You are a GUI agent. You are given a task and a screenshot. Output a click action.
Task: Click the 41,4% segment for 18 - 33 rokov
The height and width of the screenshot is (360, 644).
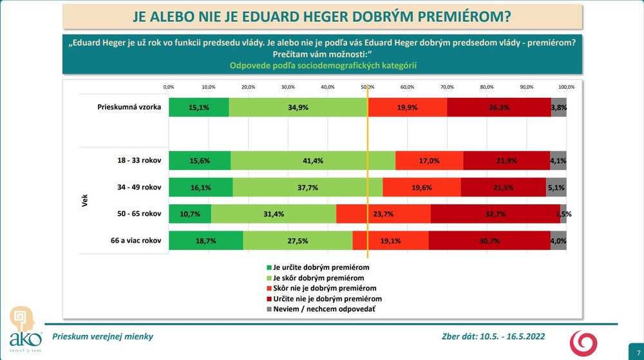pos(313,160)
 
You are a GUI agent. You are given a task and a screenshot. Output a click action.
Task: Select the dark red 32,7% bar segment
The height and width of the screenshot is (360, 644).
pos(495,214)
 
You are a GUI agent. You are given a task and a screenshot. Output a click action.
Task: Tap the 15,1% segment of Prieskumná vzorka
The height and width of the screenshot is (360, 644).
pos(198,108)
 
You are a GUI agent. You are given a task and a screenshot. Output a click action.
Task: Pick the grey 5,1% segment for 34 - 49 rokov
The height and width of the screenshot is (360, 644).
pos(556,187)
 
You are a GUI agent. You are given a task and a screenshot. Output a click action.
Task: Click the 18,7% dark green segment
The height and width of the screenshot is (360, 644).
pos(206,240)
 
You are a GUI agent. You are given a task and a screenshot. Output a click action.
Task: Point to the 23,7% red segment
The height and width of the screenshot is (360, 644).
pos(383,214)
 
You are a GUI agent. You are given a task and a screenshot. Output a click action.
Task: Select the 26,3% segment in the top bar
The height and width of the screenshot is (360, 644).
pos(499,108)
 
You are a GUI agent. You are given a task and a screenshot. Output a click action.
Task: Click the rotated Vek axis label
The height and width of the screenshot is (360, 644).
pos(85,200)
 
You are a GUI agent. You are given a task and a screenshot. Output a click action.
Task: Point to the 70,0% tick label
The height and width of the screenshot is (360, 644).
pos(447,87)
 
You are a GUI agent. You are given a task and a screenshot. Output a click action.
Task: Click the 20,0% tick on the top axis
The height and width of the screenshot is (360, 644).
pos(248,87)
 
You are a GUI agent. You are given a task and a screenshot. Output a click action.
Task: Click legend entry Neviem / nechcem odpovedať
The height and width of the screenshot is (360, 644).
pos(319,310)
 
